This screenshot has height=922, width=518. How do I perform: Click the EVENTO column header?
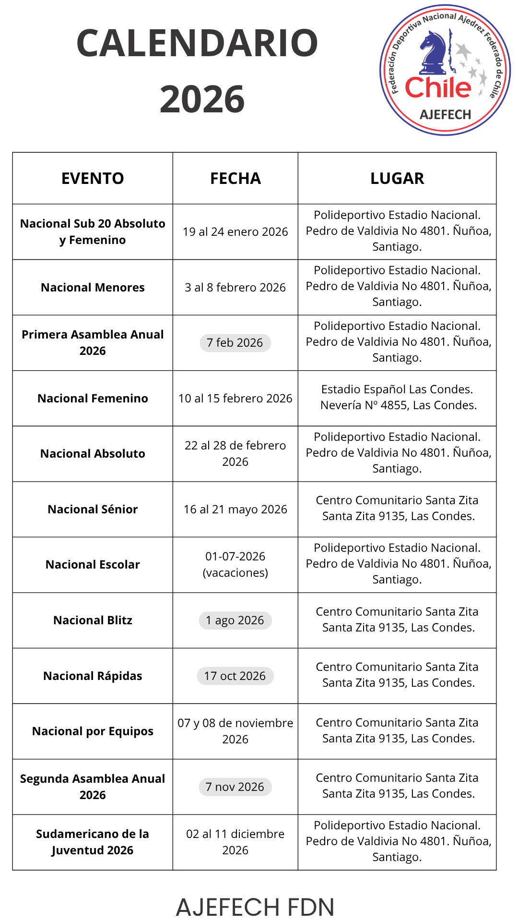(93, 178)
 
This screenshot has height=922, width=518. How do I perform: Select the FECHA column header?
(235, 178)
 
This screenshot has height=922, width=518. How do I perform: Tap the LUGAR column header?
(397, 178)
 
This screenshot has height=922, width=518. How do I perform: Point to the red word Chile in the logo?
(438, 88)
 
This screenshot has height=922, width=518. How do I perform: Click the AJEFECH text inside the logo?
(445, 115)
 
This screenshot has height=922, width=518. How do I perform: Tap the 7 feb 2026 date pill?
(235, 343)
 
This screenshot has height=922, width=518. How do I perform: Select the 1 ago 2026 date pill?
(235, 620)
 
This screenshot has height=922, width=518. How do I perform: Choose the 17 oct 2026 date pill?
(235, 676)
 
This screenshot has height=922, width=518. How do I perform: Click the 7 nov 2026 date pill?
(235, 787)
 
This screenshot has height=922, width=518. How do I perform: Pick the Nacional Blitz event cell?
(93, 620)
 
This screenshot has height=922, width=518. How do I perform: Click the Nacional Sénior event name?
(93, 510)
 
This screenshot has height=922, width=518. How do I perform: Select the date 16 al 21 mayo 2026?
(235, 510)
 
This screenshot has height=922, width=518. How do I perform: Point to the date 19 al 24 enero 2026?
(235, 232)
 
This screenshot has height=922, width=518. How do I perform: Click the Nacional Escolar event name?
(93, 565)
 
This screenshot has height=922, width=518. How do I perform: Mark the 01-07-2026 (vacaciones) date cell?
(235, 564)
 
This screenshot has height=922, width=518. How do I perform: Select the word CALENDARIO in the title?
(197, 43)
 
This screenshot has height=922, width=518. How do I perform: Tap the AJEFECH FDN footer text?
(255, 907)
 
